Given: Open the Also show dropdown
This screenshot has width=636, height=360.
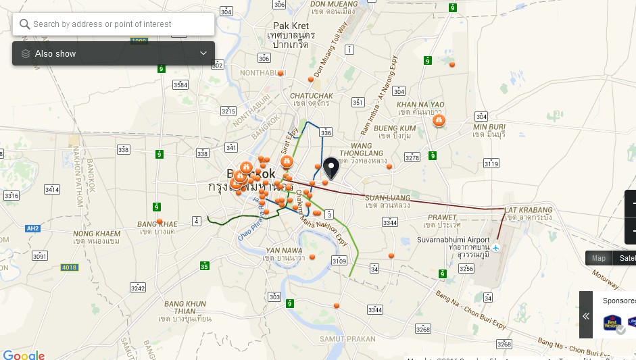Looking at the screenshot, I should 114,53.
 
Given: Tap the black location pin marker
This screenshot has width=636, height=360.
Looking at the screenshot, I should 331,167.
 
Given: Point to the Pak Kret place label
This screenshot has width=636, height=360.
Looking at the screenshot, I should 291,26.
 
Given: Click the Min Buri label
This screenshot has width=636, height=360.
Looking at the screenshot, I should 489,127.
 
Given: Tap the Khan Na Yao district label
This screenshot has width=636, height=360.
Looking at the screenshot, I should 420,105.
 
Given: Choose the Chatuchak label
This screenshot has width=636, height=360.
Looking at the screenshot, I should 312,96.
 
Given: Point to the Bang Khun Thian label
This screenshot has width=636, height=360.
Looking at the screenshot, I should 185,304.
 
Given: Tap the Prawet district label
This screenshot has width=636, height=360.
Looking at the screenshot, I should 442,217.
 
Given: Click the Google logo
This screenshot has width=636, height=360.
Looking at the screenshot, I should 24,355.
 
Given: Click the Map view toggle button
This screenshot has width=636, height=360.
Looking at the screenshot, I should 599,258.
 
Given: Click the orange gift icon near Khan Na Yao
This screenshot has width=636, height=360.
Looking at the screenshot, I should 439,120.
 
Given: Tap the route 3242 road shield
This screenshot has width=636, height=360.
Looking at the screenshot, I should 138,288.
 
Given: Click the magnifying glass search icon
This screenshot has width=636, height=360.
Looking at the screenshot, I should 24,24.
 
